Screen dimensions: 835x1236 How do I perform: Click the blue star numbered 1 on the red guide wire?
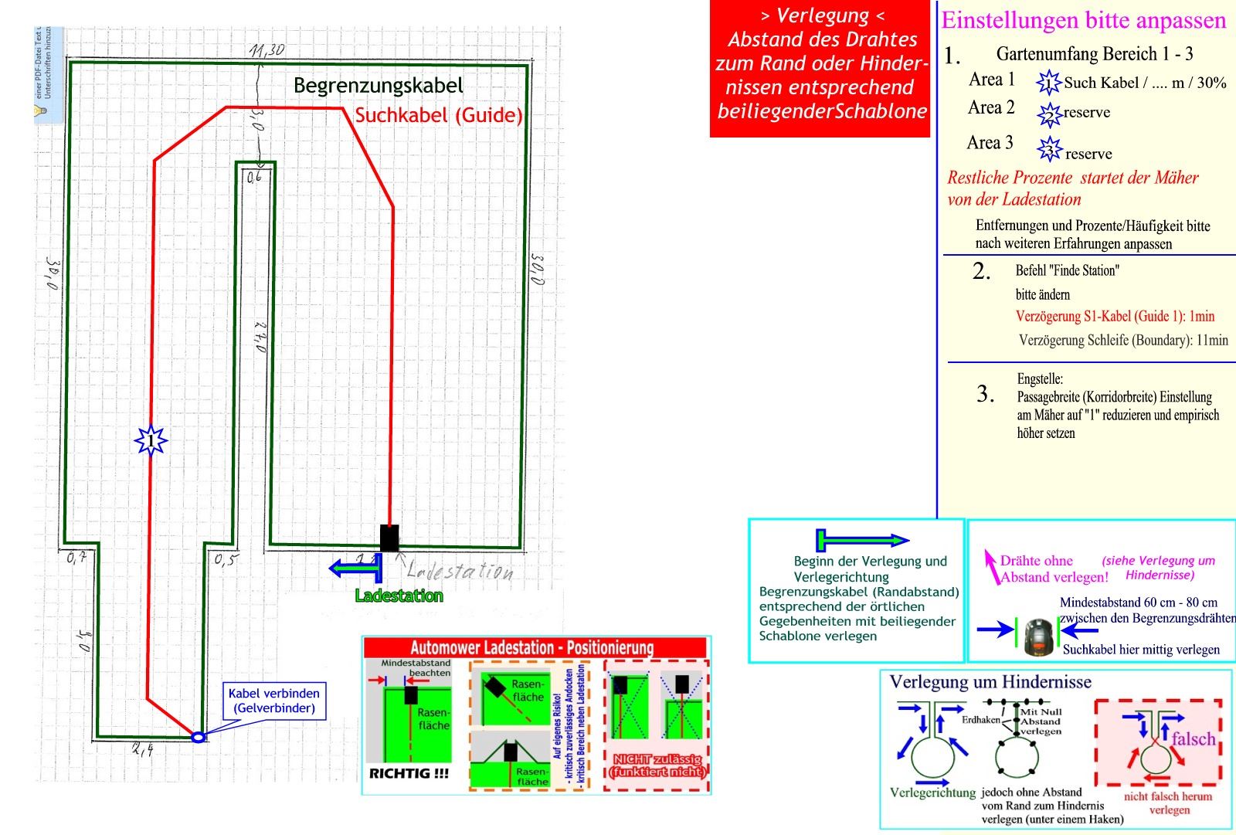(151, 441)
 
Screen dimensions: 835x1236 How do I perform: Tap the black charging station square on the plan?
(389, 538)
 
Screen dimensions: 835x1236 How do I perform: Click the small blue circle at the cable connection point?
(198, 738)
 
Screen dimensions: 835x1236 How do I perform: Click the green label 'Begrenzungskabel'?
(378, 86)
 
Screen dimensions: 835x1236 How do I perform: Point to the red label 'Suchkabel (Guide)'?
(438, 115)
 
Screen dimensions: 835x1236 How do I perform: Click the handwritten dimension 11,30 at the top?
(267, 51)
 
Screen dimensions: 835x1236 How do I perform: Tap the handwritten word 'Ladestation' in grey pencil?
(459, 572)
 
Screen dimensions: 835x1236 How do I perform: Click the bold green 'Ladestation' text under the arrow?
(399, 596)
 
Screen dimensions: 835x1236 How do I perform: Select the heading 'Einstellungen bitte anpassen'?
(1083, 20)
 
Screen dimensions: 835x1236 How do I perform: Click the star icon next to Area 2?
(1049, 115)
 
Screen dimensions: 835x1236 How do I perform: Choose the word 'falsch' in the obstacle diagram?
(1193, 739)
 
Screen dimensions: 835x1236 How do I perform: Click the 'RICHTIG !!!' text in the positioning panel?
(409, 773)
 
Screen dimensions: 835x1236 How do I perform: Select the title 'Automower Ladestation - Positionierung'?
(531, 647)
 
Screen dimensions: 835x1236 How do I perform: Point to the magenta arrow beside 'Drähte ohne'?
(990, 566)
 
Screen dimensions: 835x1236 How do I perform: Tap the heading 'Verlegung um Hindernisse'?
(990, 682)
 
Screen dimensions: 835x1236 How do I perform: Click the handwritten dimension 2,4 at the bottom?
(142, 748)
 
